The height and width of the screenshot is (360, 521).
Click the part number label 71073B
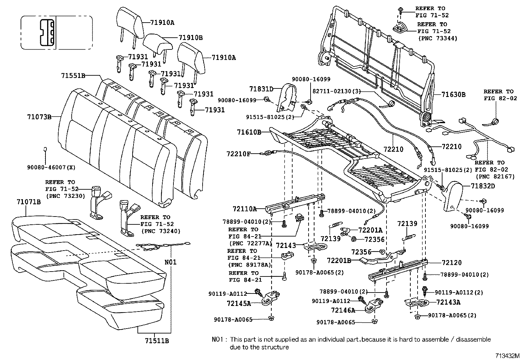point(39,116)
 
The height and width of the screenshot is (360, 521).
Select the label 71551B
point(73,76)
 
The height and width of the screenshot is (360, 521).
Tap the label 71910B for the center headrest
point(190,38)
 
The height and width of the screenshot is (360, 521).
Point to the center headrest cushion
point(157,43)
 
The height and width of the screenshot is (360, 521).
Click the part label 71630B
point(453,95)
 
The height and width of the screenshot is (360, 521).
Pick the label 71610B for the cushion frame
point(249,132)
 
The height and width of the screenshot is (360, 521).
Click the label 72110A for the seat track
point(245,208)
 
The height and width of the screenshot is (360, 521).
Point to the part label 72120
point(451,262)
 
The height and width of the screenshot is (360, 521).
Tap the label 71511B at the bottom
point(157,341)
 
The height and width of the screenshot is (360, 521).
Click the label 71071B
point(29,202)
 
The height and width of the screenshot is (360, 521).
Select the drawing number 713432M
point(507,356)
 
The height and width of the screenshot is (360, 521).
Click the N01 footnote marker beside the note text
point(218,340)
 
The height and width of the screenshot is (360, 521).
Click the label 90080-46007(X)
point(51,167)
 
